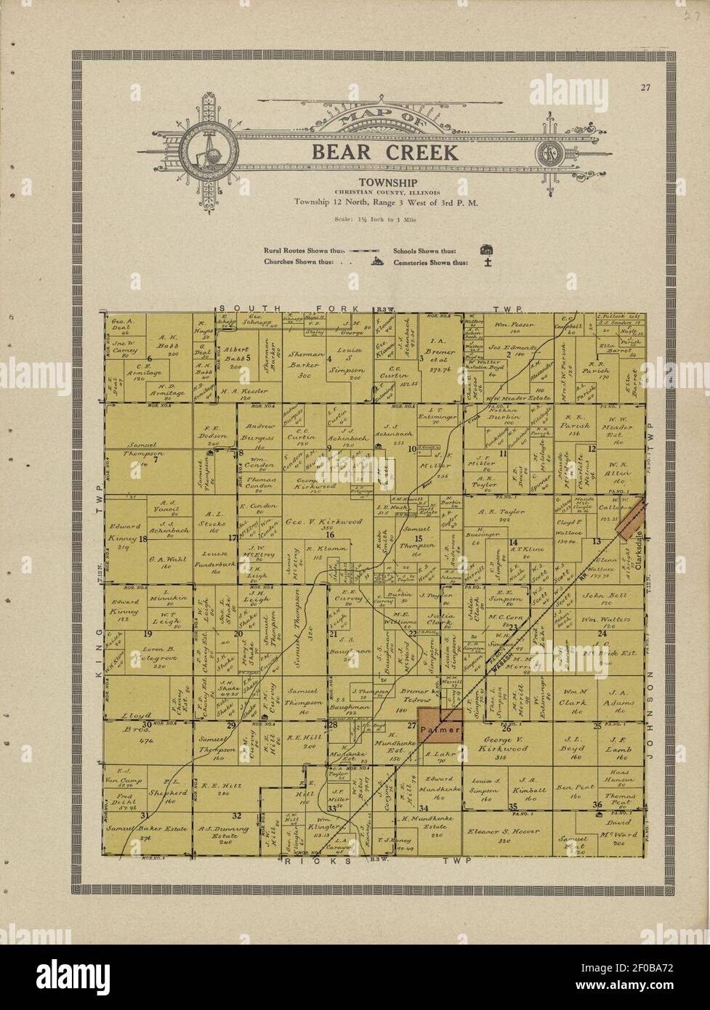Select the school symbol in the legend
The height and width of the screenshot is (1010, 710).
pyautogui.click(x=485, y=251)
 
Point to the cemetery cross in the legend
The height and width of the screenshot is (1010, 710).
pyautogui.click(x=489, y=262)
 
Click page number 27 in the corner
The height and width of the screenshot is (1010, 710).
pyautogui.click(x=645, y=89)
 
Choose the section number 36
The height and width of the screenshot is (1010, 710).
pyautogui.click(x=598, y=804)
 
